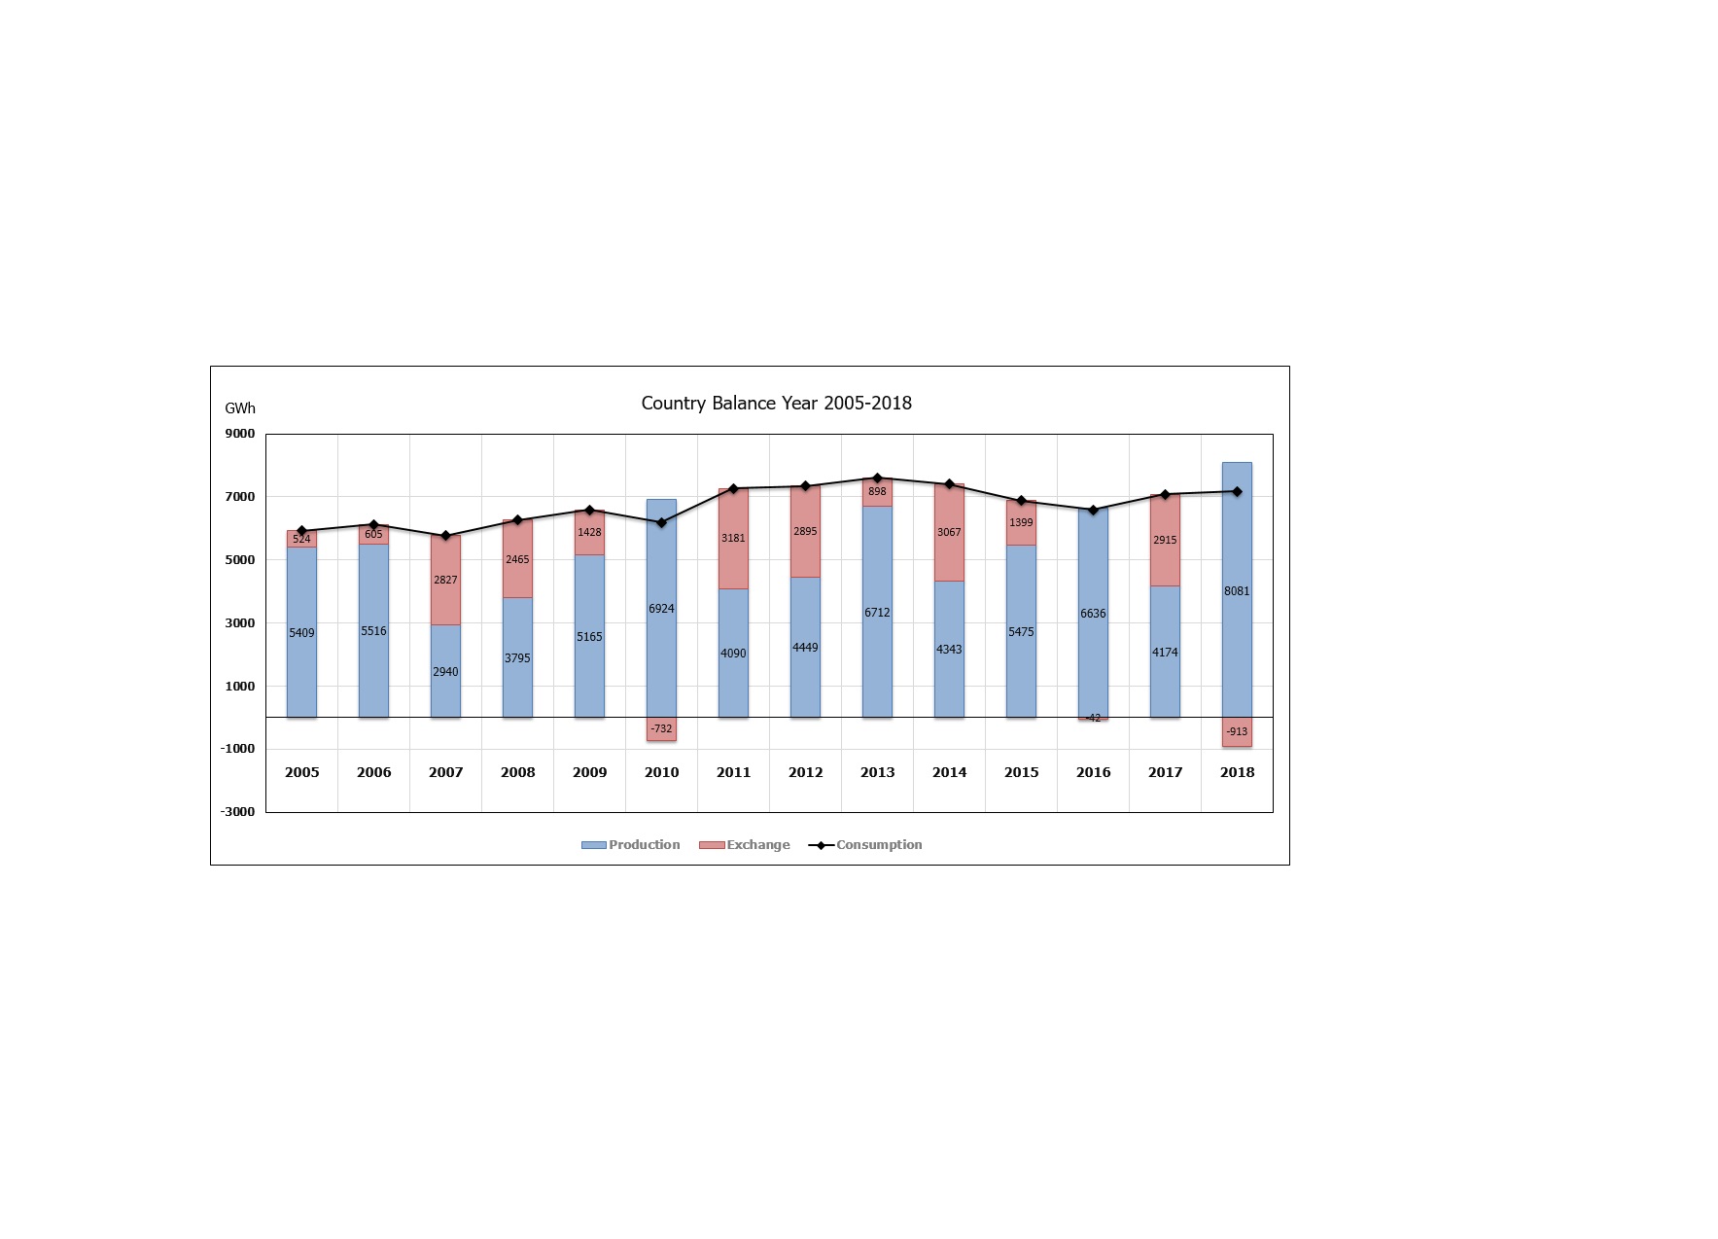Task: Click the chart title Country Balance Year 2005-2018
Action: click(776, 404)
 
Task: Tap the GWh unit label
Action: click(240, 408)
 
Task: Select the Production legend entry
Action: click(632, 845)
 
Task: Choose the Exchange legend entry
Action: click(747, 845)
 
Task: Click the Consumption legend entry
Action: click(867, 845)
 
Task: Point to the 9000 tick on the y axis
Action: click(240, 434)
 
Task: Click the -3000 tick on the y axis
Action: click(238, 812)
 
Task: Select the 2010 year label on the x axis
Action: click(661, 772)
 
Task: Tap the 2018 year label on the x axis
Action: click(1237, 772)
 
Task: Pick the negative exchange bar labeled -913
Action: click(1237, 732)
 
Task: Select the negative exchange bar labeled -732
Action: click(661, 729)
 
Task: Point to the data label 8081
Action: click(1237, 591)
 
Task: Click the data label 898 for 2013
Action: click(877, 492)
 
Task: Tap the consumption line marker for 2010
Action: click(661, 522)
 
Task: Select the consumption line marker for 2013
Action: click(877, 478)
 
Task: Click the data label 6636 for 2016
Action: click(1093, 614)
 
